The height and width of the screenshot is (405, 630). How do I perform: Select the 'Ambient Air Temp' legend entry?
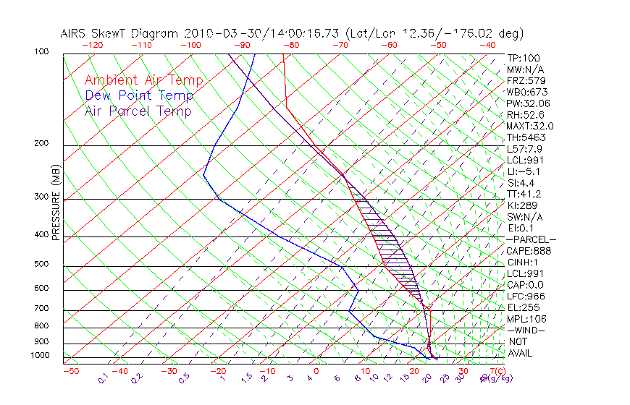coord(144,80)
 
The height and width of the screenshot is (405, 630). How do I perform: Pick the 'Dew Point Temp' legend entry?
coord(139,95)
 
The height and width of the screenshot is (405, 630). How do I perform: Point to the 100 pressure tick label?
coord(41,52)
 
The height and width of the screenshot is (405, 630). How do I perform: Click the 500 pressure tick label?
coord(41,265)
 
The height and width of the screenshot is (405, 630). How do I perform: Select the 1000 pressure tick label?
coord(39,356)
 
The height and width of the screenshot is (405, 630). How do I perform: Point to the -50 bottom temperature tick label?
coord(70,371)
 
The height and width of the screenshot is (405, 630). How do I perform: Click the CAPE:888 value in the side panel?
coord(528,251)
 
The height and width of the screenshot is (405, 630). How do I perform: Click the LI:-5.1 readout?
coord(523,171)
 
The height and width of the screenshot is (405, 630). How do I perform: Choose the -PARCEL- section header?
coord(531,239)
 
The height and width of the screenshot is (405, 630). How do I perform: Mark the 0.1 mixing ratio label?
coord(103,377)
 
